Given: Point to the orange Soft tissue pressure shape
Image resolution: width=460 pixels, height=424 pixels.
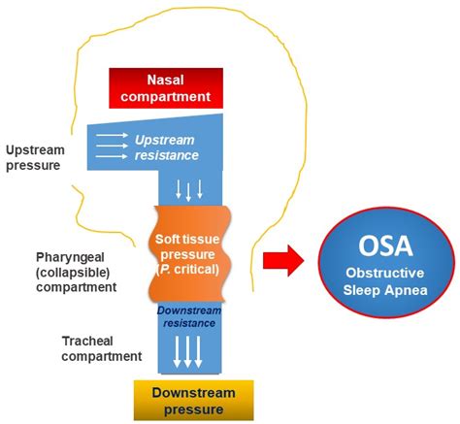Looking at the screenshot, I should tap(187, 252).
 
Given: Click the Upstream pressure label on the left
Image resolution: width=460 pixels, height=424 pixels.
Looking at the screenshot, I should tap(35, 159).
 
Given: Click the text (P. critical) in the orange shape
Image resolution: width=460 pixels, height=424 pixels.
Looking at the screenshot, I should tap(186, 269).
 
